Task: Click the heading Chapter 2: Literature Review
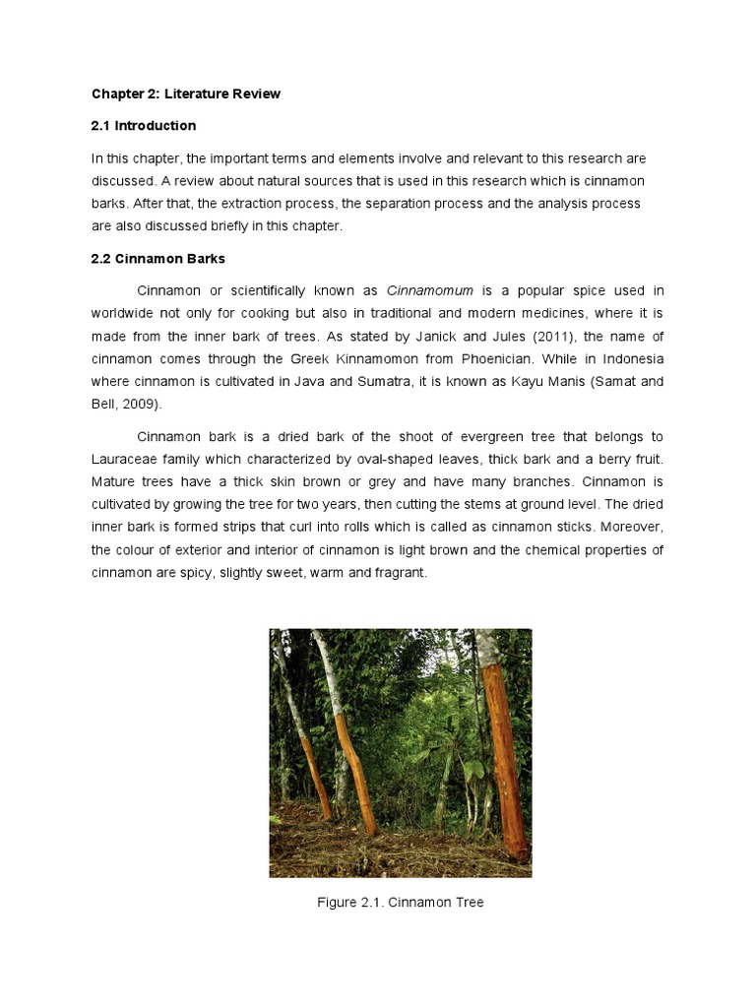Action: [186, 94]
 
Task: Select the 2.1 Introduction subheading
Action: [144, 126]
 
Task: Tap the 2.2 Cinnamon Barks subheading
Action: [158, 259]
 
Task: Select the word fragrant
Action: [400, 573]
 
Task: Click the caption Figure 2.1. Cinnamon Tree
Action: [401, 903]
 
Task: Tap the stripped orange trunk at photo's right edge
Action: [505, 758]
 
